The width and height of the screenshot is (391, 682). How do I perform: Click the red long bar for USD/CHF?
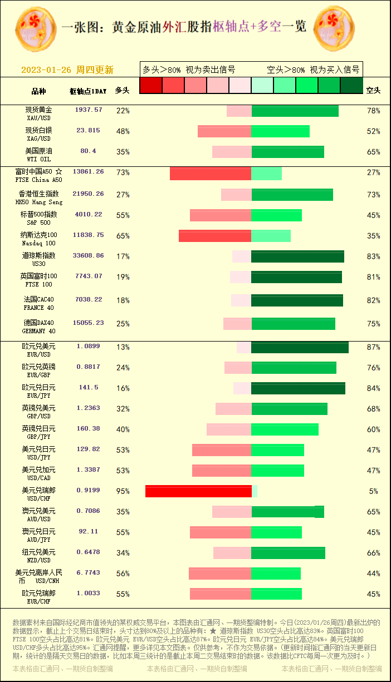[x=198, y=491]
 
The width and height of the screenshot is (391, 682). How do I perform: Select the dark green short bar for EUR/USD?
[x=300, y=347]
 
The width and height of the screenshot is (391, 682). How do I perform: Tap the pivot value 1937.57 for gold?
[x=89, y=110]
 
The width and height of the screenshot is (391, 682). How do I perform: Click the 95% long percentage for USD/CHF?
[x=123, y=491]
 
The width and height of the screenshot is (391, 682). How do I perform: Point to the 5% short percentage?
[x=373, y=491]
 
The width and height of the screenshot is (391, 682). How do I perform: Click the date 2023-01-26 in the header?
[x=46, y=70]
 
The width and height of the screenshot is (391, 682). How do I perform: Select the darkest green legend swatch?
[x=351, y=85]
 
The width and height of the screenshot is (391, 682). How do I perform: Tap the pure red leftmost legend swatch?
[x=150, y=85]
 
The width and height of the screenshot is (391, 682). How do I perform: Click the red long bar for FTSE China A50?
[x=211, y=173]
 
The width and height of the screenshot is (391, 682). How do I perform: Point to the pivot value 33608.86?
[x=88, y=256]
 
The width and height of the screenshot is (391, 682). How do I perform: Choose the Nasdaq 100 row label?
[x=39, y=239]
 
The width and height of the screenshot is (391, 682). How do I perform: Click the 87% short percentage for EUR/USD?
[x=373, y=347]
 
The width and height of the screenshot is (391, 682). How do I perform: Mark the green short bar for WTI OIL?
[x=287, y=152]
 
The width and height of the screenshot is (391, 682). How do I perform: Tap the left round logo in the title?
[x=35, y=27]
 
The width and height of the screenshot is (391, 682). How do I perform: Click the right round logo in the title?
[x=335, y=27]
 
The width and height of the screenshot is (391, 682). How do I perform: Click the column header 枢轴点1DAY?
[x=88, y=91]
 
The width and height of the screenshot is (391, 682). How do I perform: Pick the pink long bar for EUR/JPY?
[x=242, y=388]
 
